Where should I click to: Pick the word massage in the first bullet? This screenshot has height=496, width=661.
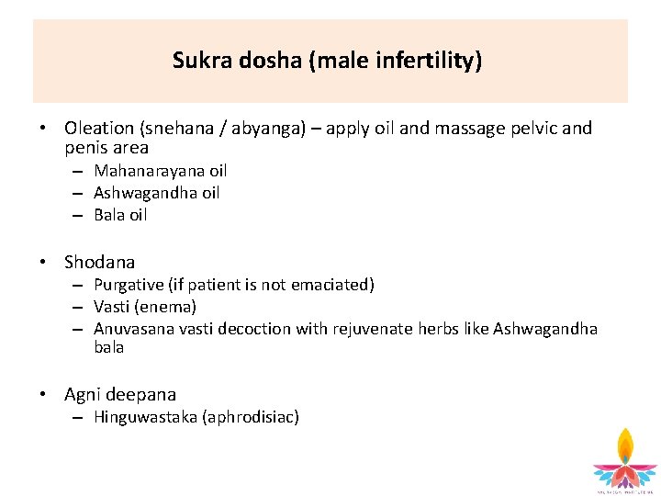(x=469, y=129)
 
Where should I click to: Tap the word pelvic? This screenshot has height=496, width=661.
(x=535, y=129)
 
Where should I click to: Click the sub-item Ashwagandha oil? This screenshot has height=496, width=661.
(x=157, y=193)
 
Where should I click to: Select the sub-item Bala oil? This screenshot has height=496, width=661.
(x=120, y=215)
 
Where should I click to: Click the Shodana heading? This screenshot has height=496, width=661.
(x=99, y=262)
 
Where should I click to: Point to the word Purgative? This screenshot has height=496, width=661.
(x=129, y=285)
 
